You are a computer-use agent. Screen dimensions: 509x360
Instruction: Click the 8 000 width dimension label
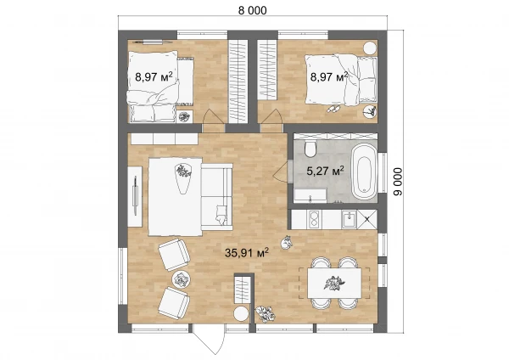[252, 10]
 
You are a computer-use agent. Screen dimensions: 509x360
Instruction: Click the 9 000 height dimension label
[397, 182]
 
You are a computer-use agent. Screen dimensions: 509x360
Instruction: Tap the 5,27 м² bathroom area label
[325, 171]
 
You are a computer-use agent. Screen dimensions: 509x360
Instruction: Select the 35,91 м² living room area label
[247, 252]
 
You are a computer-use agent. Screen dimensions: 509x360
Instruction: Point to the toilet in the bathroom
[310, 149]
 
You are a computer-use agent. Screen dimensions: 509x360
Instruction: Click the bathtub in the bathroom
[365, 172]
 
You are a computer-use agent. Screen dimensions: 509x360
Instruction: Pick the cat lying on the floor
[287, 243]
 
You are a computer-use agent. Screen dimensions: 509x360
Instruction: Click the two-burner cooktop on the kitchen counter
[314, 219]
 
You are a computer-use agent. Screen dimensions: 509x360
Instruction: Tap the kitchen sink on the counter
[349, 219]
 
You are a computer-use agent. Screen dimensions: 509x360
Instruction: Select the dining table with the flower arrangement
[334, 283]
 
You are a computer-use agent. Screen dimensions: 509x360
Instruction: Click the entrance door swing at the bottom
[209, 340]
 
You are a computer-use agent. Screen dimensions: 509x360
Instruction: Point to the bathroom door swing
[282, 172]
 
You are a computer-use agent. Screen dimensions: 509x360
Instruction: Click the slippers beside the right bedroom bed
[333, 109]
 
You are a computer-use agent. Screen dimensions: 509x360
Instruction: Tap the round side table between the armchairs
[181, 279]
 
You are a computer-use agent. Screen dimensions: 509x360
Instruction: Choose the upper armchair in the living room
[174, 255]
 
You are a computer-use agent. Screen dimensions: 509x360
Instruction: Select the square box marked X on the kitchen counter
[367, 219]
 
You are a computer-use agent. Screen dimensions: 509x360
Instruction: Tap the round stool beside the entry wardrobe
[241, 315]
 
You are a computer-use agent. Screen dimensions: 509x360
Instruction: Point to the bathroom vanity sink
[310, 196]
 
